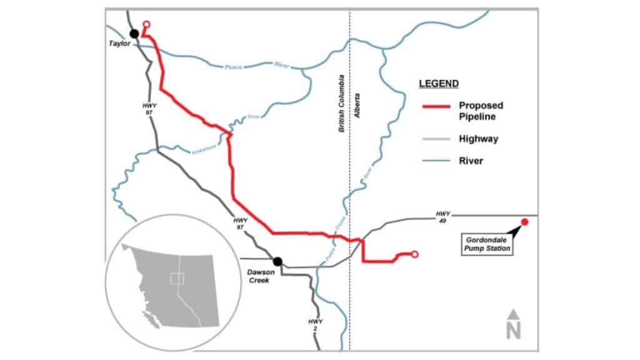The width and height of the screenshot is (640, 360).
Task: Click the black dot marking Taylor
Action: point(133,33)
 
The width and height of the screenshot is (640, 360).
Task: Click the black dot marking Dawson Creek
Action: point(277,261)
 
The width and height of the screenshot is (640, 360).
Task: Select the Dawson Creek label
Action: point(259,276)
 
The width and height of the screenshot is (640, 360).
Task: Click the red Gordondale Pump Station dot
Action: point(525,222)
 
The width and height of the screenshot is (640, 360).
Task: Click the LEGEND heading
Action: point(439,83)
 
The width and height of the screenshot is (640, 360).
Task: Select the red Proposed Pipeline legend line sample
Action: point(434,107)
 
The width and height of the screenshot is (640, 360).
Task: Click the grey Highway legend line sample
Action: point(434,139)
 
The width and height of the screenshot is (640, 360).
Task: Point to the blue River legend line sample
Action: point(434,161)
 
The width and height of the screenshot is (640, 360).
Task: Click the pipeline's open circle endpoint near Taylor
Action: point(146,24)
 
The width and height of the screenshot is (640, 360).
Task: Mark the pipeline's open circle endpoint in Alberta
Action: point(414,254)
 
